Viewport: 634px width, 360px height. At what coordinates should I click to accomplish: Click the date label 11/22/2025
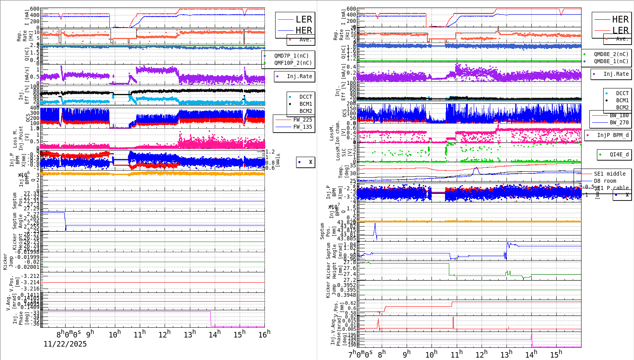click(65, 344)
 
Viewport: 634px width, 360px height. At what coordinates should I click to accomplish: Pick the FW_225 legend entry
click(302, 120)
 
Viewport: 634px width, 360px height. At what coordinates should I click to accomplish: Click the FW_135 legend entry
click(302, 127)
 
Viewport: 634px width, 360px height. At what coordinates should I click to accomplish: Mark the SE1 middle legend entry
click(610, 174)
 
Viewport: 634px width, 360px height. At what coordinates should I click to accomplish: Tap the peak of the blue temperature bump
click(476, 168)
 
